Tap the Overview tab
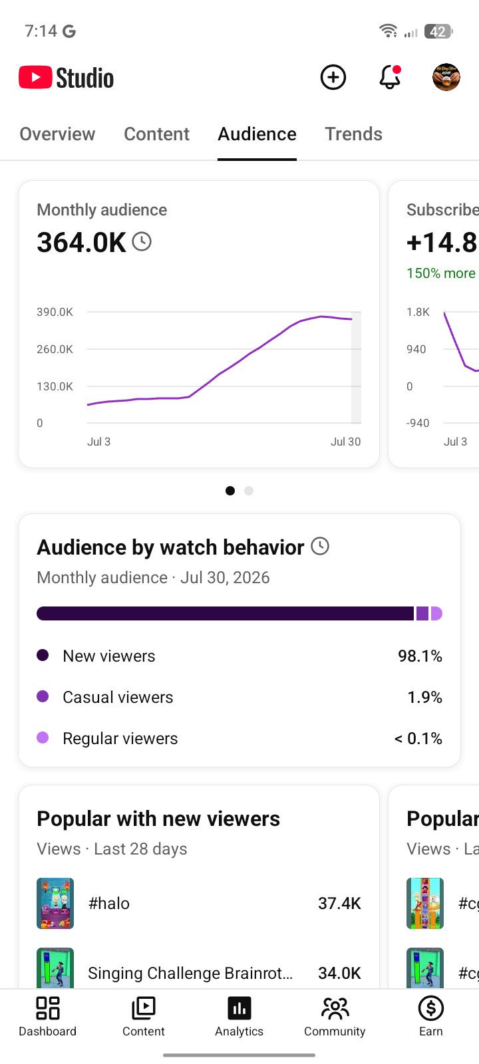[x=57, y=134]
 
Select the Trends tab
[x=353, y=134]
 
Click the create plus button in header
[x=333, y=77]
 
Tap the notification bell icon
[x=390, y=77]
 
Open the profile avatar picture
[x=446, y=77]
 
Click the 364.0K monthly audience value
[x=82, y=242]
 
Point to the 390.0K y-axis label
[x=55, y=312]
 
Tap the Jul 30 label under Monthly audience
[x=345, y=442]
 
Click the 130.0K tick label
[x=55, y=386]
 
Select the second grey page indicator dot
[x=249, y=491]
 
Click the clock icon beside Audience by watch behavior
[x=320, y=546]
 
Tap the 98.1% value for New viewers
[x=420, y=656]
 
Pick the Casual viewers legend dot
[x=43, y=696]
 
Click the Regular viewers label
[x=120, y=739]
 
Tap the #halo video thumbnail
[x=55, y=904]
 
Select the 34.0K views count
[x=340, y=974]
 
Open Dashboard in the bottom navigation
[x=47, y=1017]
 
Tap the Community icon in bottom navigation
[x=335, y=1008]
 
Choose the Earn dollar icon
[x=431, y=1008]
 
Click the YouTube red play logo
[x=35, y=77]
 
